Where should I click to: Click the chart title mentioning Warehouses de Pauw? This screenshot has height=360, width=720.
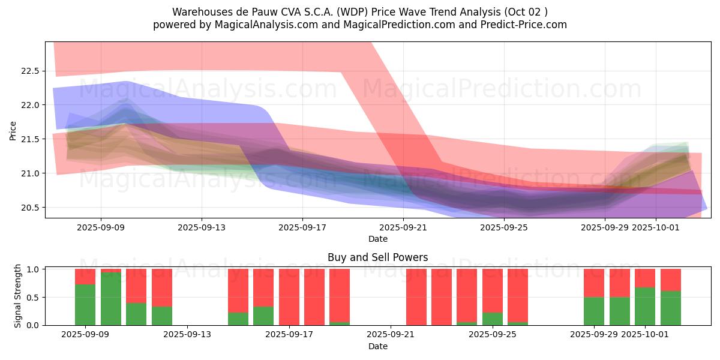pyautogui.click(x=360, y=11)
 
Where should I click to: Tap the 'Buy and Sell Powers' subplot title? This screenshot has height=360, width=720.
pyautogui.click(x=377, y=257)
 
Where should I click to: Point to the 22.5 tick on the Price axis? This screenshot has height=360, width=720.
pyautogui.click(x=29, y=71)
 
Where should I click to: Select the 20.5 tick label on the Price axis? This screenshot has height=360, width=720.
pyautogui.click(x=29, y=208)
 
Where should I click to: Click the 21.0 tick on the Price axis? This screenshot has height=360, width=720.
pyautogui.click(x=29, y=173)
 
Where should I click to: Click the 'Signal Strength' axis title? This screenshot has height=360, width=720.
pyautogui.click(x=18, y=296)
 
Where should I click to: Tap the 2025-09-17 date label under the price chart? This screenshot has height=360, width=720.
pyautogui.click(x=302, y=227)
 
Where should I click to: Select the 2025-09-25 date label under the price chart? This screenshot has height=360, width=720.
pyautogui.click(x=504, y=227)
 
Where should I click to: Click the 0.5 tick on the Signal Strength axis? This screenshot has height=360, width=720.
pyautogui.click(x=34, y=297)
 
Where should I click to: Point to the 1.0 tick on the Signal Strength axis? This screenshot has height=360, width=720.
pyautogui.click(x=34, y=269)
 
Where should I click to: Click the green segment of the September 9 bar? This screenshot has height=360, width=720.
pyautogui.click(x=85, y=305)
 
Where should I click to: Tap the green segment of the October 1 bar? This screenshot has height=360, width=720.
pyautogui.click(x=645, y=307)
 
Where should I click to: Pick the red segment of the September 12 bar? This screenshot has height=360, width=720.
pyautogui.click(x=162, y=287)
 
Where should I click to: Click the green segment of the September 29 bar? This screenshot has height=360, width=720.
pyautogui.click(x=594, y=311)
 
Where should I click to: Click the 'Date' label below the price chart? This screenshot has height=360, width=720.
pyautogui.click(x=377, y=239)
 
